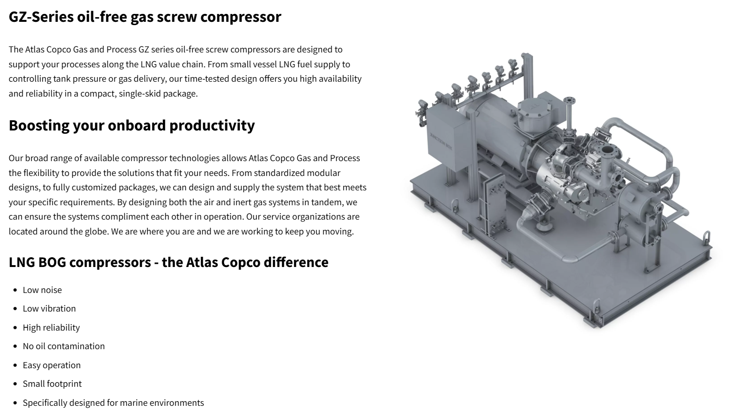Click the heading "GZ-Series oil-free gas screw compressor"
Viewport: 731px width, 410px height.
coord(145,17)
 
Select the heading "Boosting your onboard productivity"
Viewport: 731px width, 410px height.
coord(132,125)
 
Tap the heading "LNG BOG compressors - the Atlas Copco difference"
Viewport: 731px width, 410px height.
coord(168,262)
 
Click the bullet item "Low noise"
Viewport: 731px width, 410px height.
coord(42,290)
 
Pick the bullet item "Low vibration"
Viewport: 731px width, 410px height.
coord(49,308)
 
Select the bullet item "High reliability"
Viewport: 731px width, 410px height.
coord(51,327)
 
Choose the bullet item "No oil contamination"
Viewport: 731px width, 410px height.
coord(64,346)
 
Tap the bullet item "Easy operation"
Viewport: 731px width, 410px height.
coord(51,365)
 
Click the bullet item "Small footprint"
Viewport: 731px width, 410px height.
coord(52,384)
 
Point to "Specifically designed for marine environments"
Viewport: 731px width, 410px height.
coord(113,403)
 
